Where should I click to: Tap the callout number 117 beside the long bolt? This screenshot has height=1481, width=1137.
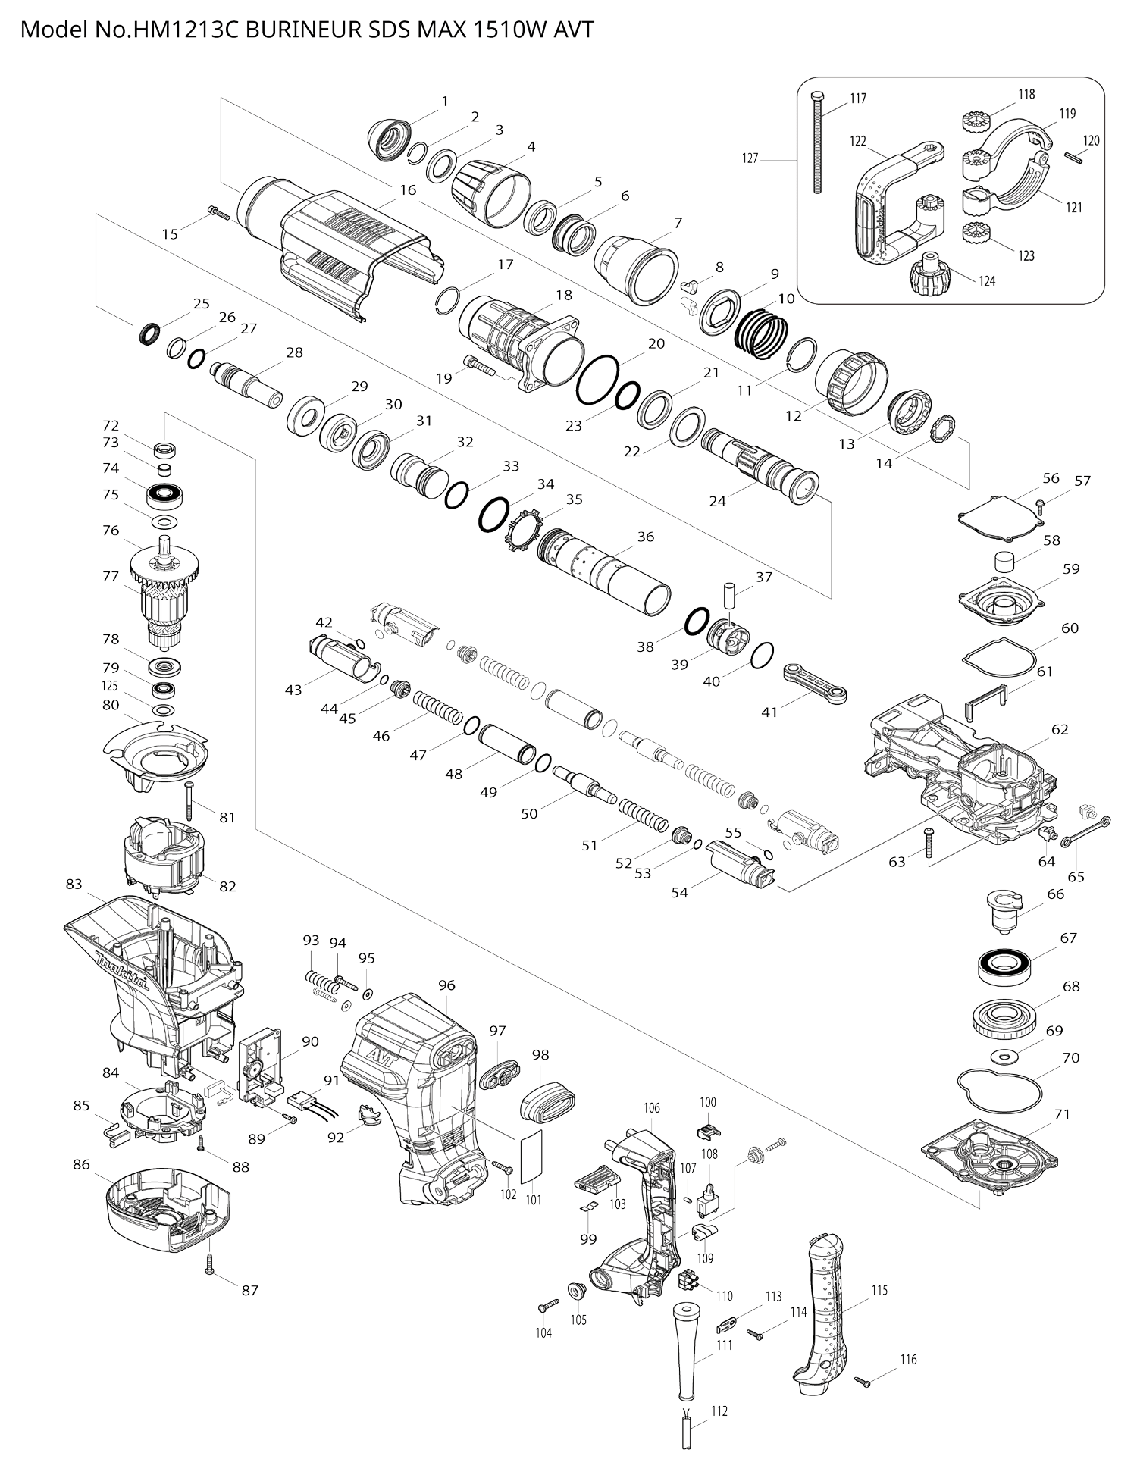pos(858,99)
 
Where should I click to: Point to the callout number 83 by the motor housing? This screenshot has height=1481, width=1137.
pos(74,884)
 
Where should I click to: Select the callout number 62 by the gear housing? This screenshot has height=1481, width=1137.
pos(1060,729)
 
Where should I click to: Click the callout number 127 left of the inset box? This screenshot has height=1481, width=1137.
pos(750,158)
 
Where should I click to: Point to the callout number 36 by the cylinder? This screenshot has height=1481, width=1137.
pos(645,537)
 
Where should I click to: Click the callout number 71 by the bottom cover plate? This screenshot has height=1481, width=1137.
pos(1062,1113)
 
